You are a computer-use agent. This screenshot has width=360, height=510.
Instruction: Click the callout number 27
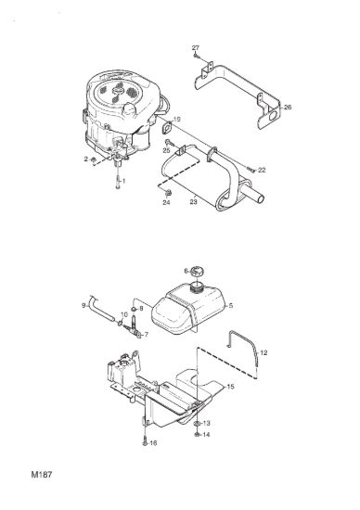(x=195, y=48)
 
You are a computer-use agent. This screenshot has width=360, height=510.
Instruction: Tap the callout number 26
(x=288, y=107)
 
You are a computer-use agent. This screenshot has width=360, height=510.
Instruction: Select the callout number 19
(x=176, y=120)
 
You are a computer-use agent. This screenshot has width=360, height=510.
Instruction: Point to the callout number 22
(x=262, y=170)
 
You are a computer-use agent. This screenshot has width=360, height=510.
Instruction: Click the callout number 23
(x=193, y=202)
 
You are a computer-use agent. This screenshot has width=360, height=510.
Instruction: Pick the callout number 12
(x=264, y=352)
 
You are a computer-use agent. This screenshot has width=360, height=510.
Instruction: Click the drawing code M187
(x=42, y=475)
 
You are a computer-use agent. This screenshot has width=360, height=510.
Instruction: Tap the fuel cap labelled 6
(x=197, y=271)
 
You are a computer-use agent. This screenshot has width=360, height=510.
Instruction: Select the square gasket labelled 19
(x=167, y=128)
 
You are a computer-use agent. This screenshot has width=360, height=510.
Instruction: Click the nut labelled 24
(x=168, y=193)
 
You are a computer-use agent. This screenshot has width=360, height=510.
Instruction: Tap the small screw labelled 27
(x=195, y=56)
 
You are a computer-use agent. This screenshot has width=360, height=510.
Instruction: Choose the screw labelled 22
(x=251, y=169)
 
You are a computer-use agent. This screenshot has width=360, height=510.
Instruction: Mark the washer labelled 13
(x=197, y=424)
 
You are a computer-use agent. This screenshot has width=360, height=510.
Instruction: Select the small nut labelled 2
(x=94, y=159)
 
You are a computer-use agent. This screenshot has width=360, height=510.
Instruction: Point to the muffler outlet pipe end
(x=261, y=198)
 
